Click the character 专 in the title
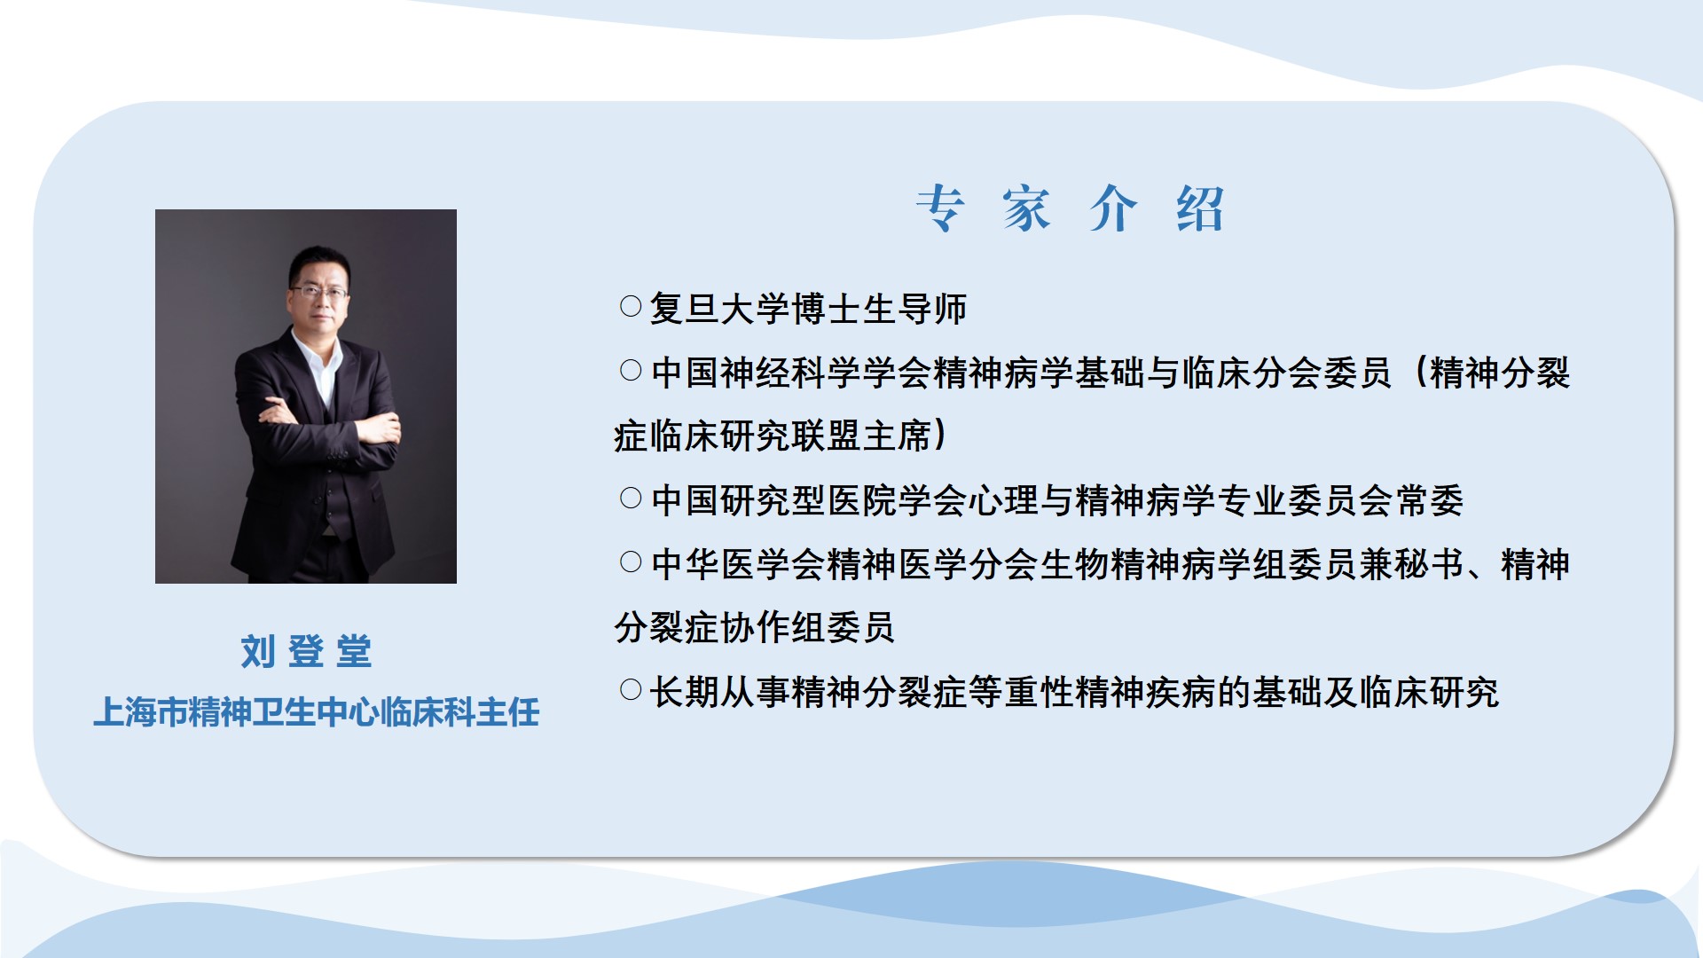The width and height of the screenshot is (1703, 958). pyautogui.click(x=940, y=209)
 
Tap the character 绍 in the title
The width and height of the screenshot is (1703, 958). pyautogui.click(x=1200, y=209)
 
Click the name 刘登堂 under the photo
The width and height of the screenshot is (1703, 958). pyautogui.click(x=306, y=651)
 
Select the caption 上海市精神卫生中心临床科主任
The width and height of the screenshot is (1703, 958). pyautogui.click(x=317, y=712)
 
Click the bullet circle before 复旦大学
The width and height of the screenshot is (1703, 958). pyautogui.click(x=631, y=307)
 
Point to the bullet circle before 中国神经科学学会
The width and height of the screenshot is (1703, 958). pyautogui.click(x=631, y=371)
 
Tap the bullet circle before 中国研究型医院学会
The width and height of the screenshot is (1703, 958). pyautogui.click(x=631, y=499)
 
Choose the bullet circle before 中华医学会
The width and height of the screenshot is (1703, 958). pyautogui.click(x=631, y=562)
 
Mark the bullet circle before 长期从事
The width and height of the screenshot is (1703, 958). pyautogui.click(x=631, y=690)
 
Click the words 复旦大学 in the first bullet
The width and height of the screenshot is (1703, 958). pyautogui.click(x=719, y=309)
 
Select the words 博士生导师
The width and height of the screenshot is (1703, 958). pyautogui.click(x=879, y=309)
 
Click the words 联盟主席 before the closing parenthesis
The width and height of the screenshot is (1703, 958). pyautogui.click(x=861, y=436)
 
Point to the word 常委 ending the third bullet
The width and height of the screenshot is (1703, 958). pyautogui.click(x=1429, y=500)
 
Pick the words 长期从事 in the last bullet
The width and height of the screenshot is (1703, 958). pyautogui.click(x=719, y=692)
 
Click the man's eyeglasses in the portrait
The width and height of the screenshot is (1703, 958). pyautogui.click(x=319, y=291)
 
